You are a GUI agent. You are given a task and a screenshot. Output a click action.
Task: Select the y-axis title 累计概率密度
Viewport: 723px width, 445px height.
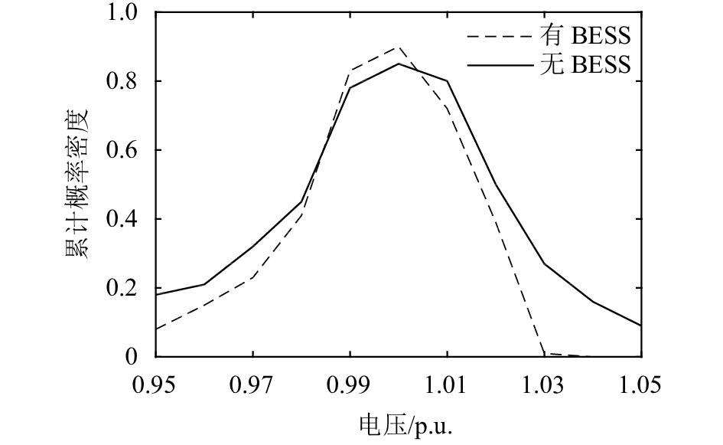pos(77,185)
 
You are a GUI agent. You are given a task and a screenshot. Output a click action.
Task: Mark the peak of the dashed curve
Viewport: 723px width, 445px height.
pos(398,47)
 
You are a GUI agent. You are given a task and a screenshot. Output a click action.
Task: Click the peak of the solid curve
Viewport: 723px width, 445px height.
pos(398,64)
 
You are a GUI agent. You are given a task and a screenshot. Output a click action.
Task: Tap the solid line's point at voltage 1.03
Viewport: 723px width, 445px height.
pos(544,264)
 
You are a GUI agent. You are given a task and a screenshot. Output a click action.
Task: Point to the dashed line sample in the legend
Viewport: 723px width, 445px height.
pos(497,36)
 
